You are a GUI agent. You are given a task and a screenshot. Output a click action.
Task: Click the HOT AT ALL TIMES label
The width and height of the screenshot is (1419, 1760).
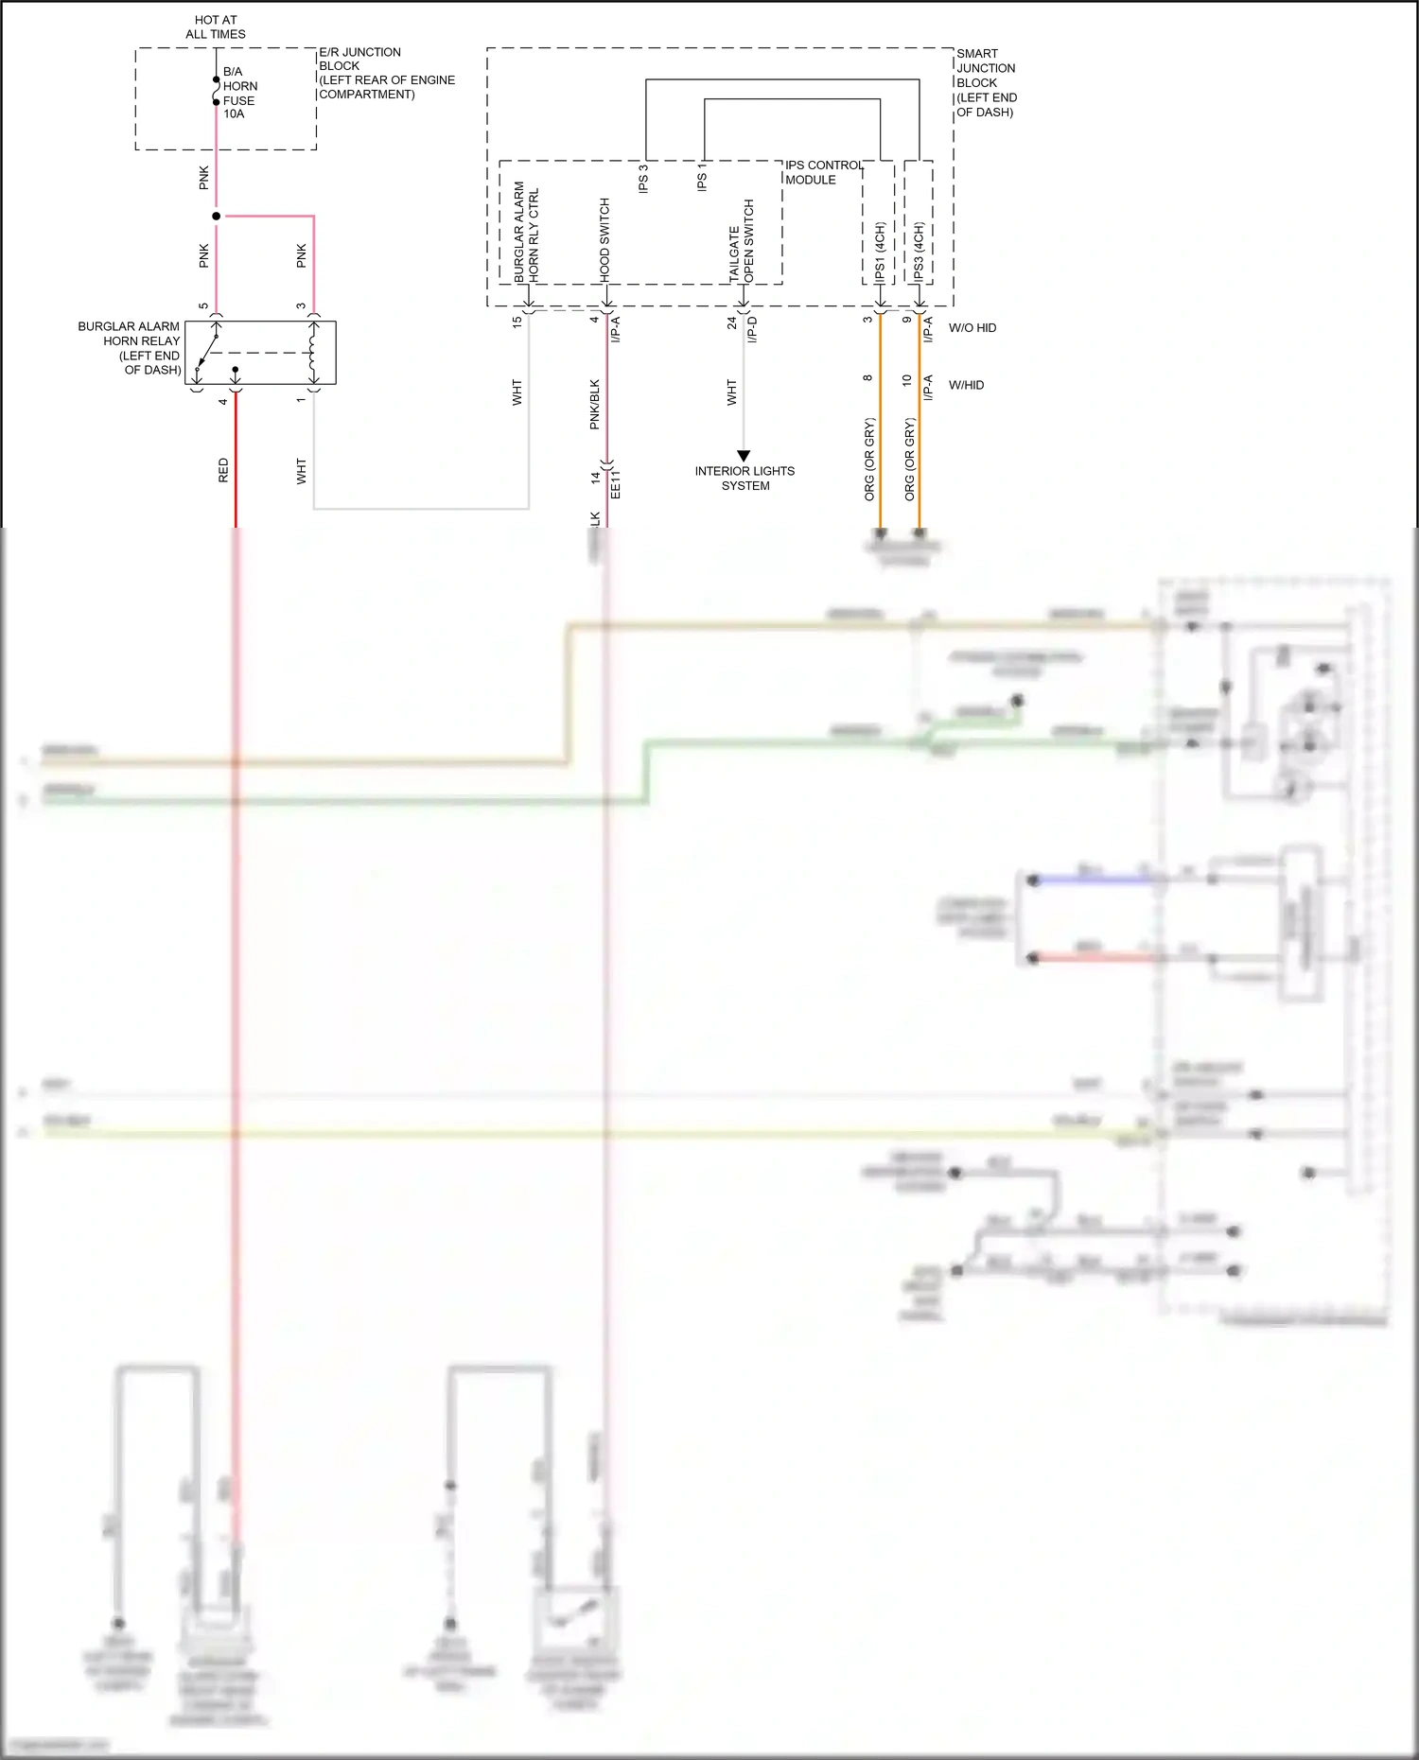point(216,26)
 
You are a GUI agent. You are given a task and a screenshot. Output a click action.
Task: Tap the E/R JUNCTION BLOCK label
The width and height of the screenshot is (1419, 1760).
point(386,73)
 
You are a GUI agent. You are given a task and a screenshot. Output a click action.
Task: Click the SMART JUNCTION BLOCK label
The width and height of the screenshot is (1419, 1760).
point(986,82)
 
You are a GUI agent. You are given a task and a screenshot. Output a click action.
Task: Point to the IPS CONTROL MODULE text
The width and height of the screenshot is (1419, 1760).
point(823,172)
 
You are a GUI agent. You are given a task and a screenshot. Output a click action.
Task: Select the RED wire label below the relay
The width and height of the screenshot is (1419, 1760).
point(223,470)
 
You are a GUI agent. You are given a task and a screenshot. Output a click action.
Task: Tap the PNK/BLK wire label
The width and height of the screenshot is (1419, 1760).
point(594,404)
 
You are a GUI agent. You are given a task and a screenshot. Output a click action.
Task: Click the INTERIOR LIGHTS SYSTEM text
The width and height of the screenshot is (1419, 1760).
point(745,478)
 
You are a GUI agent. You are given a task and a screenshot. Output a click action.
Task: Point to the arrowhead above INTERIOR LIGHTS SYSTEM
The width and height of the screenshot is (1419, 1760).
point(744,456)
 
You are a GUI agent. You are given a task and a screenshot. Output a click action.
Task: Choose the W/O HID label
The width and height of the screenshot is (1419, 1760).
point(972,328)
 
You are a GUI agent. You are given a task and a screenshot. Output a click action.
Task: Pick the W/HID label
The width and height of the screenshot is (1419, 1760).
point(966,385)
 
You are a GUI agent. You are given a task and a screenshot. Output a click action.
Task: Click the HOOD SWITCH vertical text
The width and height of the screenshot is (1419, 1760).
point(604,238)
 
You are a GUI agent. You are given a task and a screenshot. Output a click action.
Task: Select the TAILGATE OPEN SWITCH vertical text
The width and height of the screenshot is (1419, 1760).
point(742,240)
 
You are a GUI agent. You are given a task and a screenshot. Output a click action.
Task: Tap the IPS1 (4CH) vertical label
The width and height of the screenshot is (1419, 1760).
point(880,252)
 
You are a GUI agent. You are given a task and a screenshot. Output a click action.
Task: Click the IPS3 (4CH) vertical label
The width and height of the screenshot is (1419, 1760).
point(919,252)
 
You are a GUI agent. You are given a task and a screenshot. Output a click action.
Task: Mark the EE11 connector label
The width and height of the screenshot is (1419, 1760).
point(616,482)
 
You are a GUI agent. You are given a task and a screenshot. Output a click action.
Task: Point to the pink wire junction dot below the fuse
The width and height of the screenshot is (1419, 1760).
point(217,216)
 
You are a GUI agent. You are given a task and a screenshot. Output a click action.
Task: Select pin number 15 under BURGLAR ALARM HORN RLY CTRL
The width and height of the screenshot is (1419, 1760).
point(517,322)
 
